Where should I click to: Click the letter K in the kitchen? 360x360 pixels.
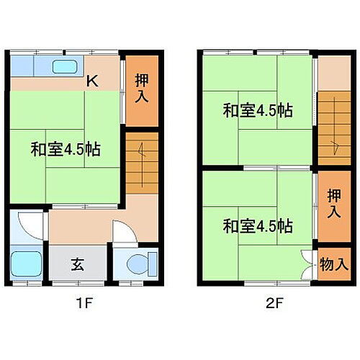[92, 82]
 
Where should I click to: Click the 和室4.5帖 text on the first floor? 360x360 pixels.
[65, 150]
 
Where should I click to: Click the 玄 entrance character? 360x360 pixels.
[77, 264]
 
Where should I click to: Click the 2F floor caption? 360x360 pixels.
[274, 302]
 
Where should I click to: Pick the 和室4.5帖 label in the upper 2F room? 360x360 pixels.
[257, 111]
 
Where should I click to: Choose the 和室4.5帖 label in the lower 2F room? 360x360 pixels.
[257, 225]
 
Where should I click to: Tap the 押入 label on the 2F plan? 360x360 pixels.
[333, 204]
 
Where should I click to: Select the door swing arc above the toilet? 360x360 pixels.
[124, 232]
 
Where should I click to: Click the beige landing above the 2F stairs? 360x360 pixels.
[333, 72]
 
